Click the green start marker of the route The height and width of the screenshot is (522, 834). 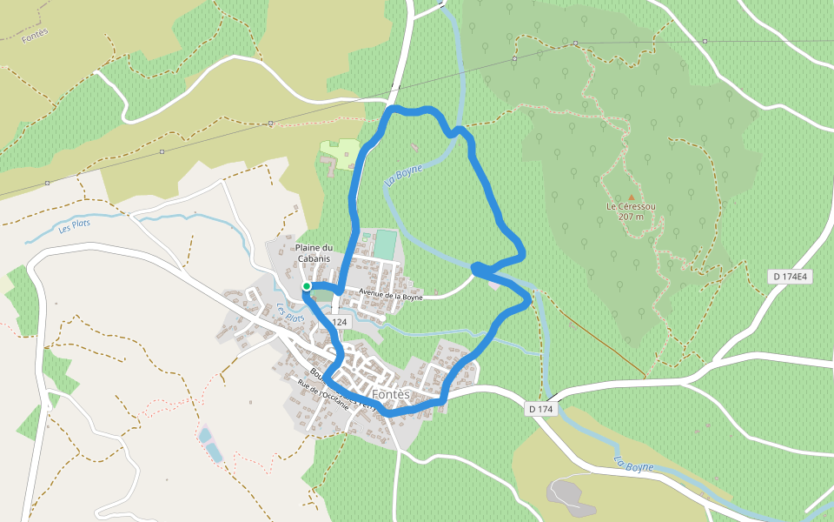pyautogui.click(x=307, y=285)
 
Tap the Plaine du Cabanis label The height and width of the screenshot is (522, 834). pyautogui.click(x=314, y=252)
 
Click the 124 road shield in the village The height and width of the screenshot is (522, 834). pyautogui.click(x=338, y=322)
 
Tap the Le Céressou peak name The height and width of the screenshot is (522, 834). pyautogui.click(x=631, y=206)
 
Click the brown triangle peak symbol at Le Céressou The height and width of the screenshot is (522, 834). pyautogui.click(x=631, y=197)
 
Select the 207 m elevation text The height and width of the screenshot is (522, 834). pyautogui.click(x=631, y=217)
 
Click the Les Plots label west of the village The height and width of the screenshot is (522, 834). pyautogui.click(x=75, y=225)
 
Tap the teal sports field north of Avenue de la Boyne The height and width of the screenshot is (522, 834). pyautogui.click(x=384, y=244)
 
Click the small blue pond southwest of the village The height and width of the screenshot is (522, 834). pyautogui.click(x=209, y=445)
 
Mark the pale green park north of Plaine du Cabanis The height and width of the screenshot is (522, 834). pyautogui.click(x=341, y=151)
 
